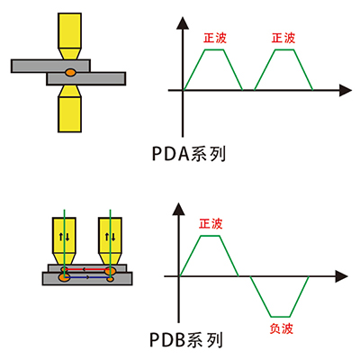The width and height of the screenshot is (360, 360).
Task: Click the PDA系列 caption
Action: tap(189, 154)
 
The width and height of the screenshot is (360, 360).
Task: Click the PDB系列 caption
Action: tap(186, 340)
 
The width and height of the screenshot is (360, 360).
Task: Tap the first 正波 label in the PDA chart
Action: tap(215, 38)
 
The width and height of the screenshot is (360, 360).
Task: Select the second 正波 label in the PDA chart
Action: tap(283, 38)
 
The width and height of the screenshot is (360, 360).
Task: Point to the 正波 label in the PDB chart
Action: tap(211, 224)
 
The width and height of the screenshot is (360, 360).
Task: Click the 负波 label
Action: tap(281, 328)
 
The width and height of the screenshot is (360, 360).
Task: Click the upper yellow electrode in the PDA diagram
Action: tap(69, 36)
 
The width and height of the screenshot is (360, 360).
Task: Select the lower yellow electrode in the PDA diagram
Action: tap(69, 109)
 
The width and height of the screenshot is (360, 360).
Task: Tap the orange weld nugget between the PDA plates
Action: tap(70, 72)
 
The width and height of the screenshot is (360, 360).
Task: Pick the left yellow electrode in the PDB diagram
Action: tap(64, 241)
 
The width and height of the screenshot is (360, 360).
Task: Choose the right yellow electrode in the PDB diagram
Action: tap(110, 241)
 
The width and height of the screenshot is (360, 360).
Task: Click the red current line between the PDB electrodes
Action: tap(85, 269)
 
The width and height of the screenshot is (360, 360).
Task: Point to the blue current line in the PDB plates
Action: tap(87, 278)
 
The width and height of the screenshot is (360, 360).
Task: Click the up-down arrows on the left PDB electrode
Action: tap(64, 237)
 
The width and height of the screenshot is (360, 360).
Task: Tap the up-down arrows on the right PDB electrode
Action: tap(110, 237)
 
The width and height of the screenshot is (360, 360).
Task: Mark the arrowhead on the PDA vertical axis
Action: tap(183, 23)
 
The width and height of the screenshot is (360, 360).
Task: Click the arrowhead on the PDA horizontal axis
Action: tap(346, 90)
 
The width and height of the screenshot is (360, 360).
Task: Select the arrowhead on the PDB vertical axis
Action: tap(179, 209)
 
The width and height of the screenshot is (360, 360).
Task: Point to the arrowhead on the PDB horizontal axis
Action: tap(341, 276)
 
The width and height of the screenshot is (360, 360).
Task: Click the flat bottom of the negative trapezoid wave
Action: tap(280, 317)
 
